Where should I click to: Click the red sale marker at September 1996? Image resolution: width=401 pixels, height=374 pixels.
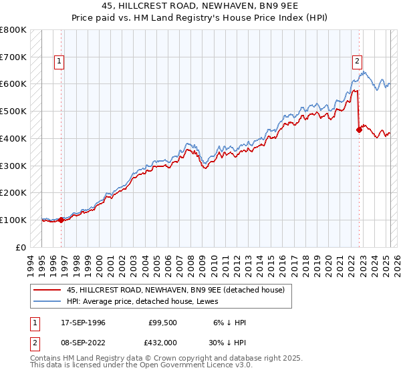pos(61,219)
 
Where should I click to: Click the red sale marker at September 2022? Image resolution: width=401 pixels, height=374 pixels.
pos(359,130)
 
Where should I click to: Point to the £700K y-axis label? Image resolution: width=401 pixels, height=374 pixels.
pos(13,57)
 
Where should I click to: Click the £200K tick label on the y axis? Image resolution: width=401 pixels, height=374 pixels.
pos(13,192)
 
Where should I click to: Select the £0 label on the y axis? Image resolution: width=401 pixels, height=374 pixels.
pos(21,247)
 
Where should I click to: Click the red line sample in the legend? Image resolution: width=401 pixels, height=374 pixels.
pos(46,290)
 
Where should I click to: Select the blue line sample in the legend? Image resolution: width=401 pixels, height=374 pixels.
pos(46,301)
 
